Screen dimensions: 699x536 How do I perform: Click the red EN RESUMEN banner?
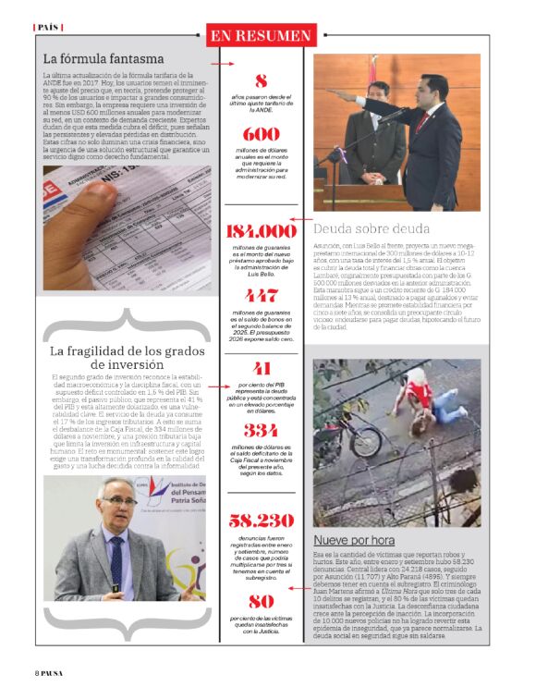pos(260,35)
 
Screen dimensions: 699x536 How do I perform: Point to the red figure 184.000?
pos(261,231)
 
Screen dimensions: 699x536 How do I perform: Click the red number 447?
pos(261,296)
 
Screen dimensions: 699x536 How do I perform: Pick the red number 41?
pos(261,367)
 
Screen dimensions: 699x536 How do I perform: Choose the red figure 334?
pos(261,431)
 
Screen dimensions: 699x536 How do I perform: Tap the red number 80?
pos(261,601)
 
